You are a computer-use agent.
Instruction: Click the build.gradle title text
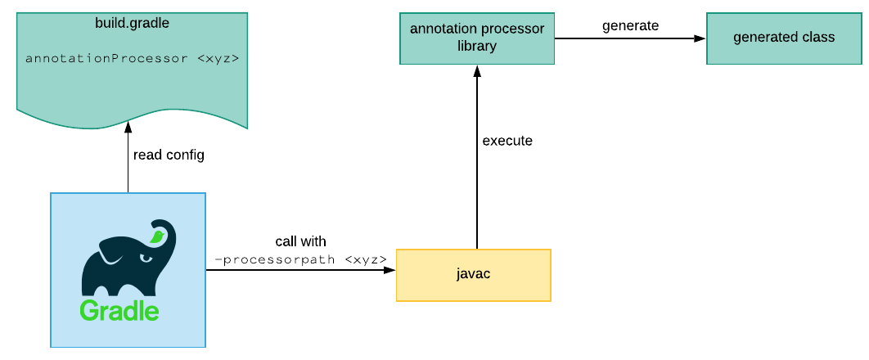[x=132, y=22]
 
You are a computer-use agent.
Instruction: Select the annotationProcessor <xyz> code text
[x=132, y=59]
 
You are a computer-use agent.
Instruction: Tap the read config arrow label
[x=169, y=155]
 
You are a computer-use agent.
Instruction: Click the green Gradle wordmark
[x=119, y=311]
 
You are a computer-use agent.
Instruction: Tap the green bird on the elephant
[x=157, y=237]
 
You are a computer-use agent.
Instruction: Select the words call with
[x=300, y=241]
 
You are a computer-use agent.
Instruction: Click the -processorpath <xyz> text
[x=300, y=259]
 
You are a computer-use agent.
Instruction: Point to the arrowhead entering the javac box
[x=391, y=271]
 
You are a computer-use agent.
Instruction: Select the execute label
[x=507, y=141]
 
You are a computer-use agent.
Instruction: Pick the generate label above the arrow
[x=630, y=25]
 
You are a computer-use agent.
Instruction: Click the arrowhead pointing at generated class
[x=701, y=38]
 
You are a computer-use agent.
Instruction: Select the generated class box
[x=784, y=38]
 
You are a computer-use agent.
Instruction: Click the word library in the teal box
[x=477, y=46]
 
